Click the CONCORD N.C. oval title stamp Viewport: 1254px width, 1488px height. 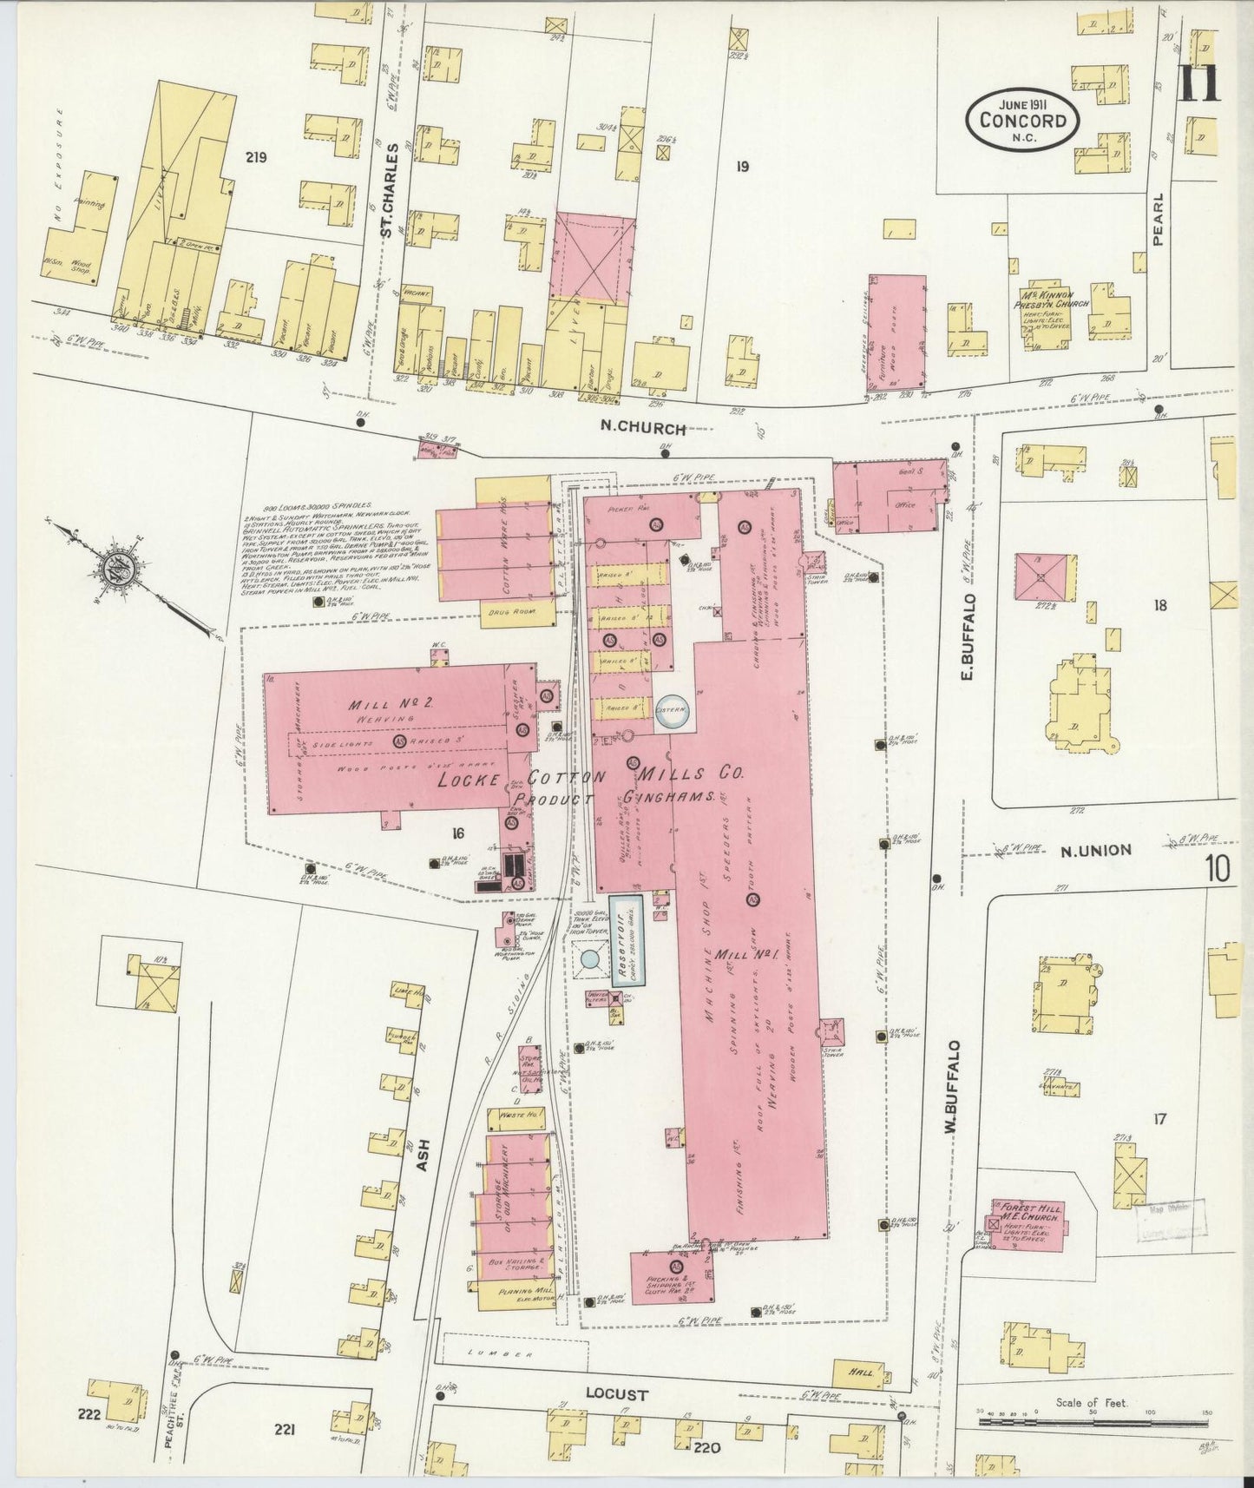tap(1023, 119)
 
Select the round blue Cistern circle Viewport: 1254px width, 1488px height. tap(672, 709)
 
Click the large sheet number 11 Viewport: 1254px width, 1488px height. tap(1200, 84)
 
